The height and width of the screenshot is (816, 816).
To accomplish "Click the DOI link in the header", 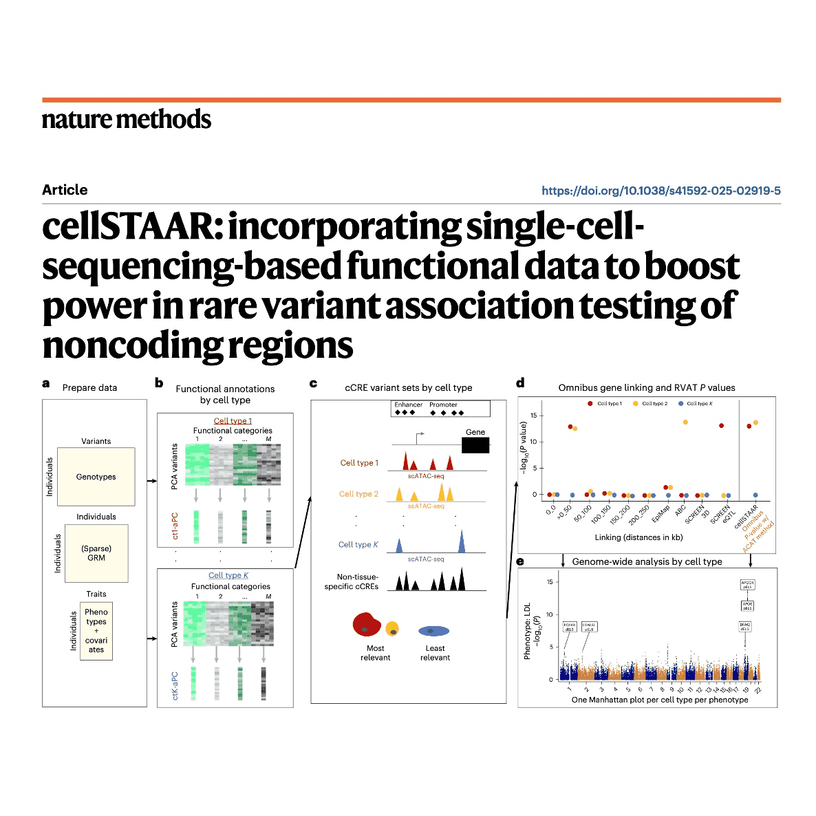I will (661, 191).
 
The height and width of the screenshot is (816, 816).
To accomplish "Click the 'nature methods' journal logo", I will (127, 119).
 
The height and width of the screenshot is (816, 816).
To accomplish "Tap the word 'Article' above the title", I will (65, 190).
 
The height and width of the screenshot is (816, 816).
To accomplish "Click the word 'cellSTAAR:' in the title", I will (133, 227).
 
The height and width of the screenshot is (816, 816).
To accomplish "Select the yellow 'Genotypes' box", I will (96, 476).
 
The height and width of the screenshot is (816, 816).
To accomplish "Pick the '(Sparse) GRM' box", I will (96, 553).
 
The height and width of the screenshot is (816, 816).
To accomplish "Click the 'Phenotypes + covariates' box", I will (96, 630).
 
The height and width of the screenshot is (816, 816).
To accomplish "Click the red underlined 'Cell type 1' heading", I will (233, 421).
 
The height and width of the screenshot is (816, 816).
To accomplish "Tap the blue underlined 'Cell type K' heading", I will (228, 575).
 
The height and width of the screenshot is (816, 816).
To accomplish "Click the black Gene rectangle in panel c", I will (475, 445).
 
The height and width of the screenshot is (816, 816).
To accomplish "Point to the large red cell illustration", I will (367, 623).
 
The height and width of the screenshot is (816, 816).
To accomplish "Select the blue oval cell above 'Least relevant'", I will (434, 630).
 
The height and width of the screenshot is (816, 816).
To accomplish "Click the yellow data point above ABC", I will (685, 422).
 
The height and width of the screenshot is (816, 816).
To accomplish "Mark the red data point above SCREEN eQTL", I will (721, 426).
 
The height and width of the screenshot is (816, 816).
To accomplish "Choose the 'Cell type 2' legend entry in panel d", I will (654, 404).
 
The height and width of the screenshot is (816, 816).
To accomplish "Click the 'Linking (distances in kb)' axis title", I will (638, 537).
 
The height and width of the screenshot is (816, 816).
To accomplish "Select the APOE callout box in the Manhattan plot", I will (747, 606).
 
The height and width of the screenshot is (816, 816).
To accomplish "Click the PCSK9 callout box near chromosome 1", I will (570, 627).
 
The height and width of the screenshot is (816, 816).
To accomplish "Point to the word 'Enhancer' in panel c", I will (408, 405).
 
